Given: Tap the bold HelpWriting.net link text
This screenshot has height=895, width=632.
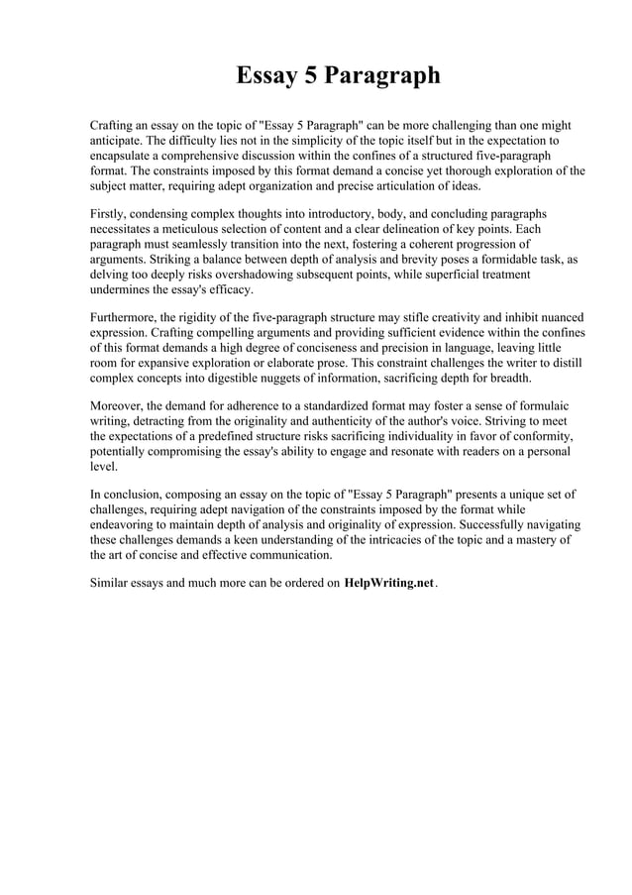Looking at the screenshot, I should (388, 583).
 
